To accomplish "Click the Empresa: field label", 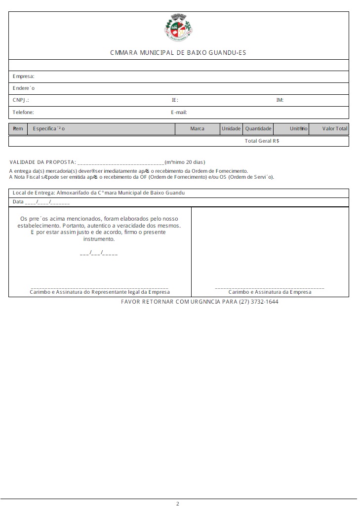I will click(23, 77).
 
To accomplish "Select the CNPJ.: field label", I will click(21, 100).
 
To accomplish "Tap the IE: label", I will click(175, 100).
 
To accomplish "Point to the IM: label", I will click(280, 100).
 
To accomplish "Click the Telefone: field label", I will click(23, 112).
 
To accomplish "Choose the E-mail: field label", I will click(179, 112).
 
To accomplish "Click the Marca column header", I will click(197, 129).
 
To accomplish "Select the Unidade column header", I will click(231, 129).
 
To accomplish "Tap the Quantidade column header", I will click(258, 129).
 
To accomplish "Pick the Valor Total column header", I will click(335, 129).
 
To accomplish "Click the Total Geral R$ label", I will click(262, 141).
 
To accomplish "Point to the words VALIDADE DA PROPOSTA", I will click(42, 162).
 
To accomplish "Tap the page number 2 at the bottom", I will click(178, 504).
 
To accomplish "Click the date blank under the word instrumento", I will click(99, 253).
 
